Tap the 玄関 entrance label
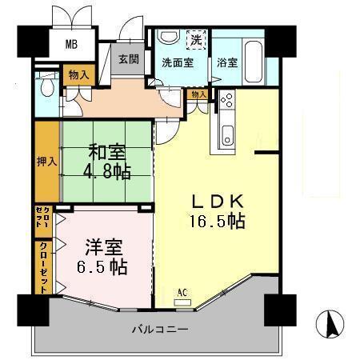click(x=128, y=58)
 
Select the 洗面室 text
click(x=177, y=62)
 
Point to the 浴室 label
click(x=226, y=62)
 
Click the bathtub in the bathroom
click(x=250, y=57)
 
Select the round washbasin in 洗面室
click(x=169, y=38)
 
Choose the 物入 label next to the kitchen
click(x=198, y=94)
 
